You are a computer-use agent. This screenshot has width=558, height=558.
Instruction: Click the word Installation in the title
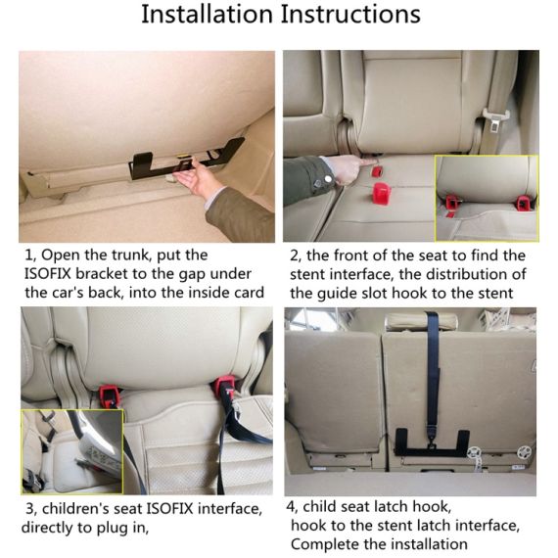pos(205,16)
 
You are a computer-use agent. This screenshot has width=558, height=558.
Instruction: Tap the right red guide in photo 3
pos(228,386)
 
